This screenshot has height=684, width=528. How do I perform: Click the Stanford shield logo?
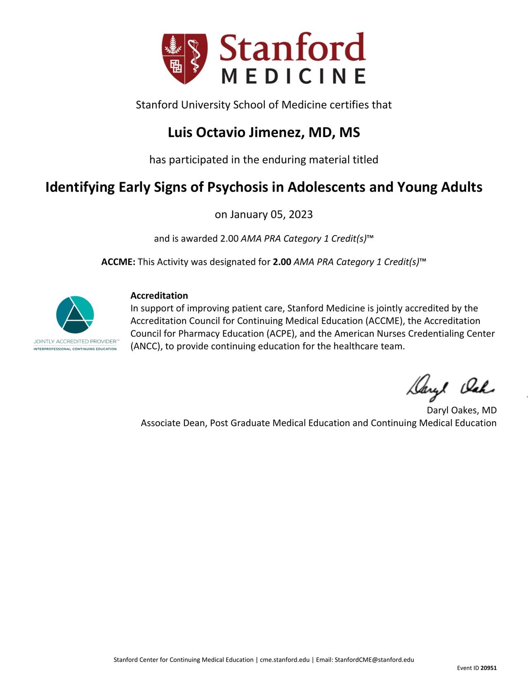tap(184, 58)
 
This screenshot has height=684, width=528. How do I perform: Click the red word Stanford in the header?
tap(292, 48)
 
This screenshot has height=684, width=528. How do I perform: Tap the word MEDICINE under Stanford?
tap(293, 76)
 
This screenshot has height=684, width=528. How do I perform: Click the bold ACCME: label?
tap(118, 262)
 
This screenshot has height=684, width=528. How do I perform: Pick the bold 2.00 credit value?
tap(282, 262)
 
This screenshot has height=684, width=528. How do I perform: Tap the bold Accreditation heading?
tap(159, 296)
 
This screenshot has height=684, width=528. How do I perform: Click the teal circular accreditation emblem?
tap(75, 314)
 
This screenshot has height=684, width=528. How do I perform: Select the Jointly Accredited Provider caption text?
tap(76, 342)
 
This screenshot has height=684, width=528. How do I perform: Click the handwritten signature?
tap(450, 387)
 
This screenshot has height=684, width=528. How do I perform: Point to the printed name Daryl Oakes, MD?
tap(462, 410)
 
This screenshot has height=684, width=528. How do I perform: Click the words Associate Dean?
tap(174, 423)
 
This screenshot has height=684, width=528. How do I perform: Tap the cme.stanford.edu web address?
tap(285, 660)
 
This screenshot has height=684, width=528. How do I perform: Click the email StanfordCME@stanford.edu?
tap(374, 660)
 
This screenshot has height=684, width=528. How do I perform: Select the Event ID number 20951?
tap(489, 668)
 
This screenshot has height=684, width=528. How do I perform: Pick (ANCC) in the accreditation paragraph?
tap(146, 346)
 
